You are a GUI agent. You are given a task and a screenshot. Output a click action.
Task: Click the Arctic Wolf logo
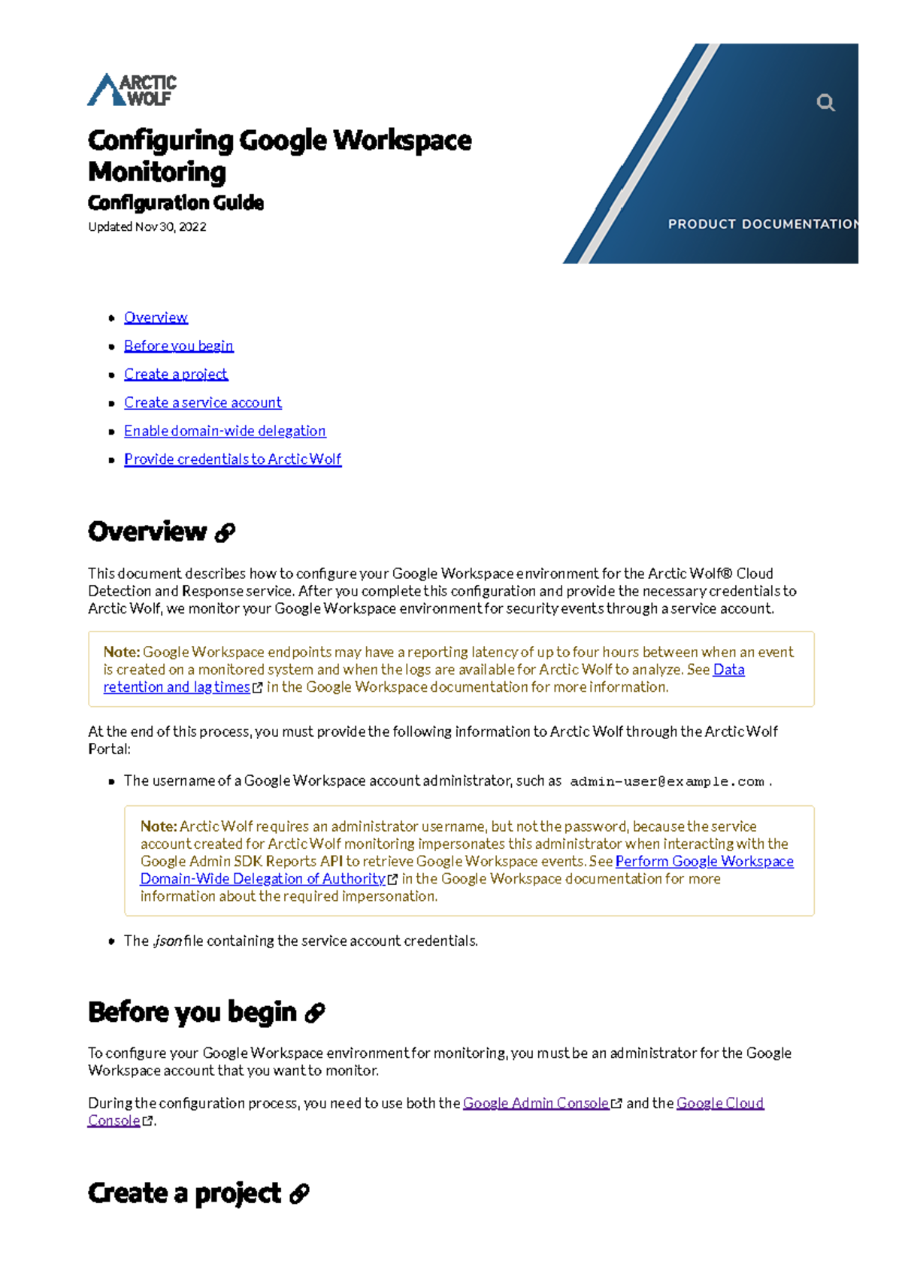132,90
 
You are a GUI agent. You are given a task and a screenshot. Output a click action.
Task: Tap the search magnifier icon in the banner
825,102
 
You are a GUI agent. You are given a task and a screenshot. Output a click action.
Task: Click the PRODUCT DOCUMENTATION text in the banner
761,224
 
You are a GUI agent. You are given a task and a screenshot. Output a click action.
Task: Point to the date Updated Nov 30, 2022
147,227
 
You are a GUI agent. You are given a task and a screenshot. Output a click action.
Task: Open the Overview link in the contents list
156,317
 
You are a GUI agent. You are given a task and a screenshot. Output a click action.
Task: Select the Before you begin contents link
179,346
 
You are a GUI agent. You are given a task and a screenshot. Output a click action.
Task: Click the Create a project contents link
176,374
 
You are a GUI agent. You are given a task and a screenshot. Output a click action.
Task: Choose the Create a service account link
203,403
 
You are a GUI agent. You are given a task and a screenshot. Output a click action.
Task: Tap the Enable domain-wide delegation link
225,431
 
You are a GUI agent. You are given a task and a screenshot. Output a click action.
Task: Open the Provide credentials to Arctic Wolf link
232,459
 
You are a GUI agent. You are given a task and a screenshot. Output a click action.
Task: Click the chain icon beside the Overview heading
225,533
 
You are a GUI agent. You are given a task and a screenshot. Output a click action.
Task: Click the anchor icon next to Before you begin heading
315,1014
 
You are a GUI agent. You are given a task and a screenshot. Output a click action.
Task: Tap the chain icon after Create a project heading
299,1194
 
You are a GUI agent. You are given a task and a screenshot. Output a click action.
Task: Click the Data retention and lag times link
177,687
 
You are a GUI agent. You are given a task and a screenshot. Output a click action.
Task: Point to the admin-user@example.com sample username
667,782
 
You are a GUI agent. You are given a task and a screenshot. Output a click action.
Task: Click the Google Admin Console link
535,1103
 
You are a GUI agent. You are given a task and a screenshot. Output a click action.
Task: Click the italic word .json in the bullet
167,941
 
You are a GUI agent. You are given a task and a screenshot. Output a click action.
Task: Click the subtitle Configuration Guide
176,203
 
